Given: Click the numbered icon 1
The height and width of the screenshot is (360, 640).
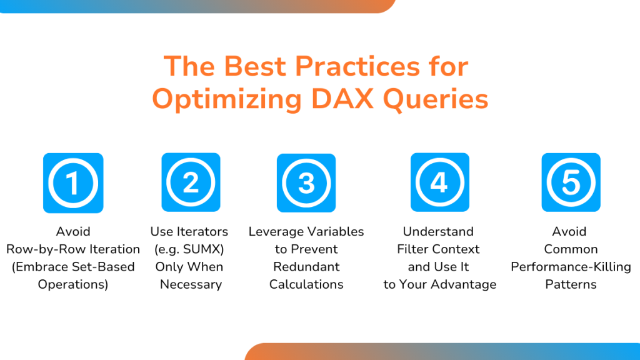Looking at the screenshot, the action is pos(73,183).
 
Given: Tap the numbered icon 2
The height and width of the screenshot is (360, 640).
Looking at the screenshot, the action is pos(191,182).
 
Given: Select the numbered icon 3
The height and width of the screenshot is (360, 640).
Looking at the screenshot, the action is pos(306,183).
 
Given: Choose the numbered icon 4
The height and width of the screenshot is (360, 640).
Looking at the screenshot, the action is pos(439,182).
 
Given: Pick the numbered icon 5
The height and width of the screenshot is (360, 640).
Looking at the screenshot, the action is pos(571,182).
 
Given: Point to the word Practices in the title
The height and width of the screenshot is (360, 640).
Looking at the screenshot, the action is pos(357,66).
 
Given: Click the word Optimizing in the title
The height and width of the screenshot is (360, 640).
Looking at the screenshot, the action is pos(226,99).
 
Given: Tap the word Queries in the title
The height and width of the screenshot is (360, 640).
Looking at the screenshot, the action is pos(436,99).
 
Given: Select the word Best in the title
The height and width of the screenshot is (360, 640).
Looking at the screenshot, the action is pos(255,66).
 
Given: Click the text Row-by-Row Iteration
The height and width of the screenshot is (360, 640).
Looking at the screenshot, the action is pos(73,249).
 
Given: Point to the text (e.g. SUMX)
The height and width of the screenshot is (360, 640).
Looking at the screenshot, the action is pos(189,249).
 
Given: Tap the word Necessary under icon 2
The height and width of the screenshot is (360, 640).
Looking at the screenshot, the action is pos(191,284).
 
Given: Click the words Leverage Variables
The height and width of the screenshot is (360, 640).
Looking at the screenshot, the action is pos(306,231).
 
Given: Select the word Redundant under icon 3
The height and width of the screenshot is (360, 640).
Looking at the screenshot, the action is pos(306,266).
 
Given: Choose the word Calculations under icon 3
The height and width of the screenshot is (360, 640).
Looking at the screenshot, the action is pos(306,284).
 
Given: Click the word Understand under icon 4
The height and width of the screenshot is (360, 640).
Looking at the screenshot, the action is pos(438,231).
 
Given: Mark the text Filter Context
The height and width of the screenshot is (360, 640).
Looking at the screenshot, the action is pos(438,249).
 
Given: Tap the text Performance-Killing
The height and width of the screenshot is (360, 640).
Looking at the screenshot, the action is pos(571,267).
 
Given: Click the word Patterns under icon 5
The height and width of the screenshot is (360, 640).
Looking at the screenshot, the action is pos(571,284).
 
